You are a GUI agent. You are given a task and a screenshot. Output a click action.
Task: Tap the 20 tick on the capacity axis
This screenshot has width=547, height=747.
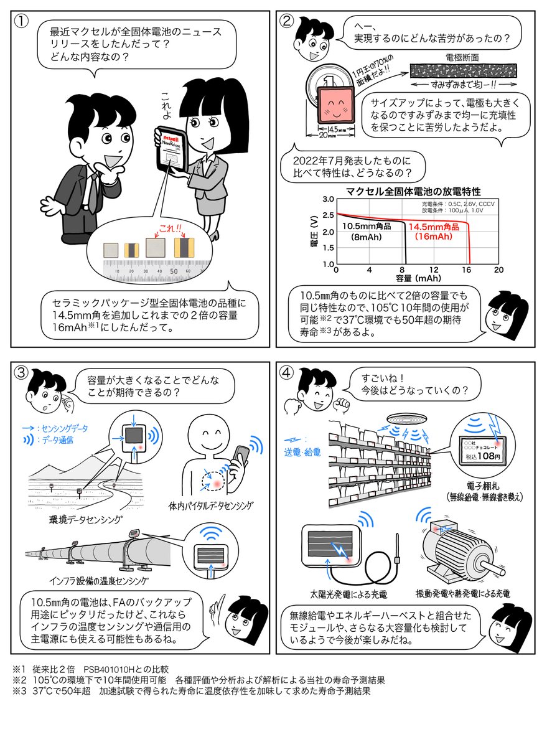[x=498, y=270]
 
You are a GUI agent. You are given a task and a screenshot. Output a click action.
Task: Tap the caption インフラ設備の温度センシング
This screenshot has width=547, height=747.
[x=99, y=581]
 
